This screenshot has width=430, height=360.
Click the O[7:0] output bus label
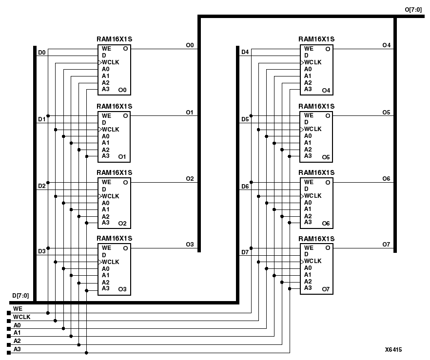pos(413,10)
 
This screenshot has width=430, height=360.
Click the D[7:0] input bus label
pos(20,296)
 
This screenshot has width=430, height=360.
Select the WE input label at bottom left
pos(18,308)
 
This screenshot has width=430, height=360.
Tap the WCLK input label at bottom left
pos(21,317)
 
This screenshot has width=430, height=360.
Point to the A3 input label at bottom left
pos(17,349)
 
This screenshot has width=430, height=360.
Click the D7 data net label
pos(245,252)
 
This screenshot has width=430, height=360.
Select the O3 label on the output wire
pos(190,245)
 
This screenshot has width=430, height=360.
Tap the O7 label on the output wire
pos(386,244)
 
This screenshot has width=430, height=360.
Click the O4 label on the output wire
pos(386,45)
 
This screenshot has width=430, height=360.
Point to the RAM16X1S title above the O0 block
pos(115,39)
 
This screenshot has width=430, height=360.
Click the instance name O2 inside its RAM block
pos(122,224)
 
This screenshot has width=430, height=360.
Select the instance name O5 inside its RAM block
pos(326,157)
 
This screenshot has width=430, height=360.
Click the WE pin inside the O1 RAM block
pos(106,115)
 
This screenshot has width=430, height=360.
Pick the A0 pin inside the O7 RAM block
pos(308,268)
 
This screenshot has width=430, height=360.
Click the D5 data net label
pos(245,119)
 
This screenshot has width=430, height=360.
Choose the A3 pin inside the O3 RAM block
pos(106,289)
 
